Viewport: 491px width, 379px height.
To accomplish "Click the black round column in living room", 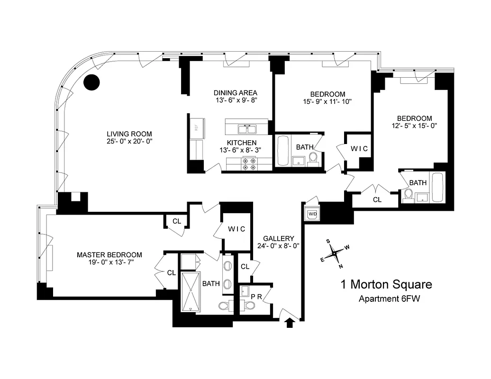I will pos(91,82).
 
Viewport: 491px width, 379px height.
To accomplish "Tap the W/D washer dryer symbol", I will pos(312,214).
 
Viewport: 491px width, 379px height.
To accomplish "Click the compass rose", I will pos(335,253).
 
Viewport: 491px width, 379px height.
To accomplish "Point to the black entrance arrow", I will pos(291,323).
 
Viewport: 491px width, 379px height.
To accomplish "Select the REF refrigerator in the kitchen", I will pos(197,127).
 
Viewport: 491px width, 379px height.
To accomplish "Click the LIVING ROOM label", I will pos(129,133).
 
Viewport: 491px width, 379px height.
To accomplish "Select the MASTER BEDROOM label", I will pos(109,255).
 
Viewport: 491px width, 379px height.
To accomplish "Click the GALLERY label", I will pos(279,238).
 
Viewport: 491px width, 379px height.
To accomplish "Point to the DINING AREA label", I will pos(235,92).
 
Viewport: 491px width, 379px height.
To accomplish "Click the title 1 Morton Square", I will pos(386,285).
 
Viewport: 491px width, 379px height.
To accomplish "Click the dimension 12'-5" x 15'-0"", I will pos(414,126).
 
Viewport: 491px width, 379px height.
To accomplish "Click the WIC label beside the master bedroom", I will pos(236,229).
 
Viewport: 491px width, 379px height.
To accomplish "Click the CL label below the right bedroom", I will pos(377,200).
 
